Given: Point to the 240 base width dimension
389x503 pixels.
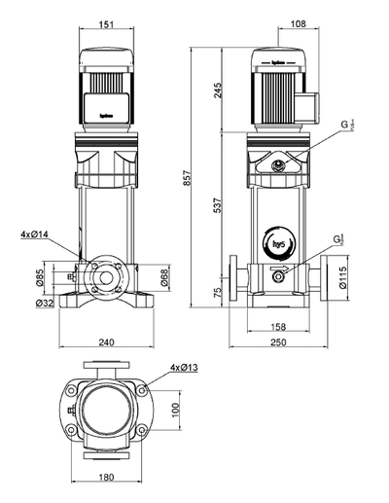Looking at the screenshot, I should click(106, 342).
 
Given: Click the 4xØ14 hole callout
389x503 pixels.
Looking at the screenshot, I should click(34, 234).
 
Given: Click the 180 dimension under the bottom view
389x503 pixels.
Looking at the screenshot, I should click(106, 478).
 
